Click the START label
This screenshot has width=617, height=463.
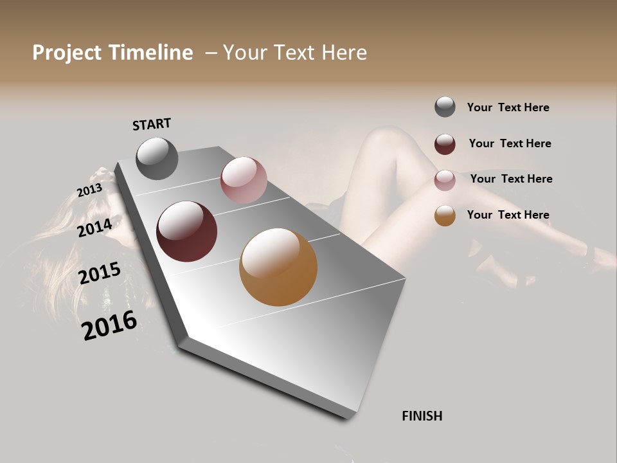(x=152, y=124)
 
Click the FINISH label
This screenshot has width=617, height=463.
(x=422, y=416)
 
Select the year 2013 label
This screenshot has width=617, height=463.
(x=89, y=190)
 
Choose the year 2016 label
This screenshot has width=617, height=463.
(x=109, y=325)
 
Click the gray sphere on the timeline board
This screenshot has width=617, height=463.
(x=157, y=158)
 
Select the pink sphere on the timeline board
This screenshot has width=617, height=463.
(x=244, y=180)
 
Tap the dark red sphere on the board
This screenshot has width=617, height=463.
(x=186, y=232)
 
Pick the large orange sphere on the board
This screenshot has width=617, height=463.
(x=278, y=267)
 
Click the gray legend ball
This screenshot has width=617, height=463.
(x=445, y=107)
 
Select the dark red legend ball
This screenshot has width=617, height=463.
(x=445, y=144)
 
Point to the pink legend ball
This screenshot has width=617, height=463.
(x=445, y=180)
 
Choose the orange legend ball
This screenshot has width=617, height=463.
(x=445, y=215)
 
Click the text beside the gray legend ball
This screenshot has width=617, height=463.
(x=508, y=107)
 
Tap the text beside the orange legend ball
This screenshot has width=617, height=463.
(x=508, y=215)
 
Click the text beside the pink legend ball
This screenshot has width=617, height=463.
(x=511, y=179)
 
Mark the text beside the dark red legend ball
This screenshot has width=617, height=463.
(x=510, y=143)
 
